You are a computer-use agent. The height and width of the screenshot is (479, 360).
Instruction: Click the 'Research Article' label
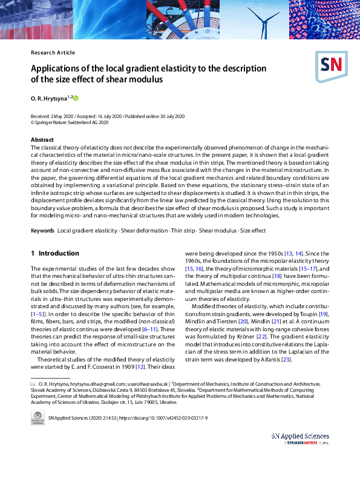point(53,53)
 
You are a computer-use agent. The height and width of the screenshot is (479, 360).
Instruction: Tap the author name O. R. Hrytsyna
point(48,97)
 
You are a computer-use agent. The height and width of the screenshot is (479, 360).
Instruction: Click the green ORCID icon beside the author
point(76,97)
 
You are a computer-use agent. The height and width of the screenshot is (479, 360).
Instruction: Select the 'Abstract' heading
point(42,140)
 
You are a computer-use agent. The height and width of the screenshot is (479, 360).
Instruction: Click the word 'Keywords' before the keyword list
point(43,231)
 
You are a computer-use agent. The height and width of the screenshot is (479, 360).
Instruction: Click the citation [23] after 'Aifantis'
point(286,360)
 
